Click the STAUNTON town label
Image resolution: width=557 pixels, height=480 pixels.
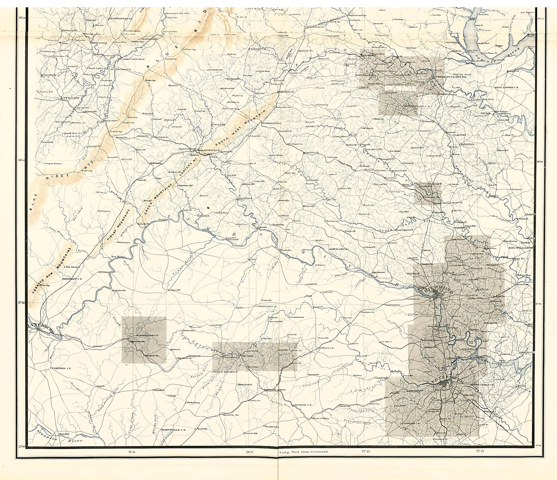point(71,98)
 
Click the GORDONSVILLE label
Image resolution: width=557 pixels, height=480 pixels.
point(272,123)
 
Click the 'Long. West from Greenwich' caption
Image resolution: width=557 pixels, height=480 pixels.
point(304,452)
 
